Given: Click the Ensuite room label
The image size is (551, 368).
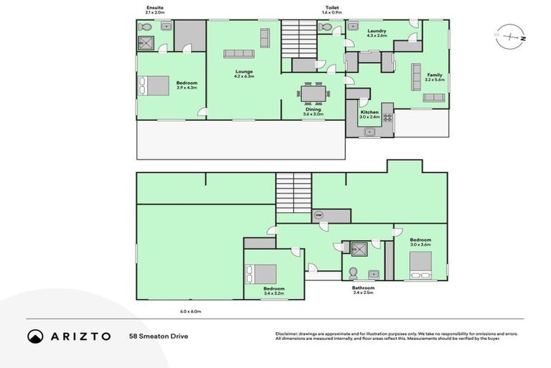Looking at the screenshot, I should click(x=154, y=9).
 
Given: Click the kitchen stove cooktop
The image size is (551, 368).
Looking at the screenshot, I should click(x=387, y=116).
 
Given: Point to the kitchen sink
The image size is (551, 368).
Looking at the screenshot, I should click(x=369, y=132).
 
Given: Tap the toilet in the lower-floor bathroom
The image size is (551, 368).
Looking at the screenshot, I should click(x=352, y=273).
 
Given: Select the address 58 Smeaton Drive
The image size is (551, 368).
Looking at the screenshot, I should click(x=159, y=336).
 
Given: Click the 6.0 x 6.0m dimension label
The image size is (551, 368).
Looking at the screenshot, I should click(x=190, y=311).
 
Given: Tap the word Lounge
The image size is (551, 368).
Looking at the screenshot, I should click(x=244, y=72).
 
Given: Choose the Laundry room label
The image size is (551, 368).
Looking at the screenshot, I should click(x=377, y=31).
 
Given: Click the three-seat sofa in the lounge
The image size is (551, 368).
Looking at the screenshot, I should click(x=239, y=53).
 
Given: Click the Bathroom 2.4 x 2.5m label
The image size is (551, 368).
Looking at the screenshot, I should click(x=363, y=290).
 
